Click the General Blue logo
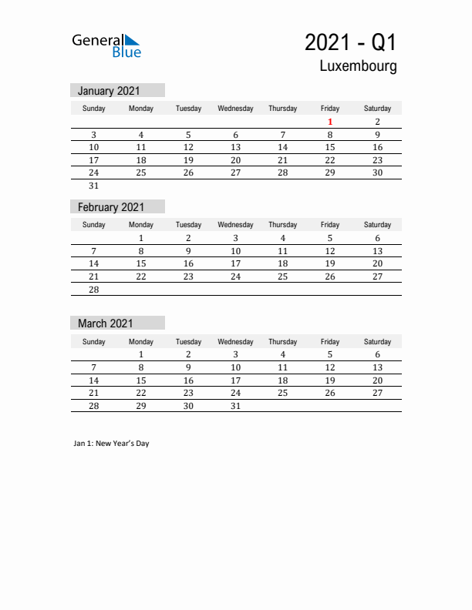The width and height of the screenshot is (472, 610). pyautogui.click(x=106, y=45)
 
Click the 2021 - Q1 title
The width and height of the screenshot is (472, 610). pyautogui.click(x=351, y=41)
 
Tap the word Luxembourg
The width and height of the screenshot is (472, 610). pyautogui.click(x=359, y=66)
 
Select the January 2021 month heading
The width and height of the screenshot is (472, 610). pyautogui.click(x=109, y=91)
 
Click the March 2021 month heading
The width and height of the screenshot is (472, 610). pyautogui.click(x=105, y=323)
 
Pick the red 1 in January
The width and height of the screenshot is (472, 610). pyautogui.click(x=330, y=122)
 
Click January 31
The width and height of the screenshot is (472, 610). pyautogui.click(x=94, y=186)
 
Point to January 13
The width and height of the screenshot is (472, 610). pyautogui.click(x=235, y=147)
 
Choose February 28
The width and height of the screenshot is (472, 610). pyautogui.click(x=94, y=289)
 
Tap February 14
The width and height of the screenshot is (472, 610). pyautogui.click(x=94, y=263)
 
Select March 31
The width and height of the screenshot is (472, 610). pyautogui.click(x=235, y=406)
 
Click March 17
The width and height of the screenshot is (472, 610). pyautogui.click(x=235, y=380)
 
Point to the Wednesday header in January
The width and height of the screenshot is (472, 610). pyautogui.click(x=235, y=109)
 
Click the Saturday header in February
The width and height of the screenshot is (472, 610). pyautogui.click(x=377, y=225)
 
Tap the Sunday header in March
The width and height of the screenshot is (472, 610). pyautogui.click(x=94, y=341)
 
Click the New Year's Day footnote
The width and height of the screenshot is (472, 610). pyautogui.click(x=112, y=444)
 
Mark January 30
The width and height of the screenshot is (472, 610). pyautogui.click(x=377, y=173)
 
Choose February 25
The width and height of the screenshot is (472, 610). pyautogui.click(x=282, y=277)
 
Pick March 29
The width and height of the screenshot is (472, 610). pyautogui.click(x=141, y=406)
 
